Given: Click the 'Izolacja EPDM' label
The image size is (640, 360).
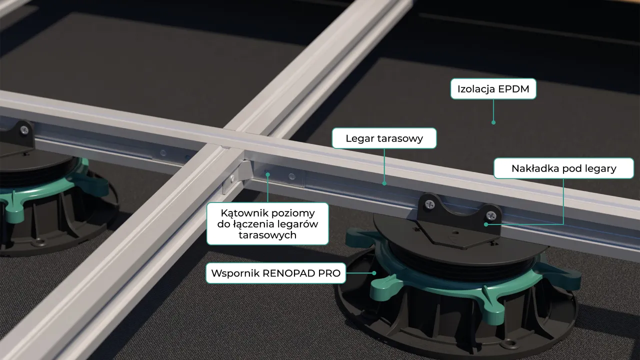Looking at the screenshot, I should [493, 89].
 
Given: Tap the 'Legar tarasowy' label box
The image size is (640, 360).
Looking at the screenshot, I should [384, 138].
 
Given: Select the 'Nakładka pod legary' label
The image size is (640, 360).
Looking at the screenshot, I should [563, 168].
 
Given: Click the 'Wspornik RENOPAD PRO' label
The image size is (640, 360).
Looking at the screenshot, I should [275, 273].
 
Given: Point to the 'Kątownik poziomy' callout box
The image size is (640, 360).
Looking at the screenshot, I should [267, 223].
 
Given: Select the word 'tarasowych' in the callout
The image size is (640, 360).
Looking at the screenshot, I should [267, 235].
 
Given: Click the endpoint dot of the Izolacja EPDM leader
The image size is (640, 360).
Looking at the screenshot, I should [493, 122].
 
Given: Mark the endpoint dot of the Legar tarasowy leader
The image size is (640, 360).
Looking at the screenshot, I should [384, 183].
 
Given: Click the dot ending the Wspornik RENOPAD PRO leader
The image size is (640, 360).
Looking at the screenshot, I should [374, 273].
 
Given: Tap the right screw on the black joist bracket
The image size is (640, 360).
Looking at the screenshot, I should [490, 215].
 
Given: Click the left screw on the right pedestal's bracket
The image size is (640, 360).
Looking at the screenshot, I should [429, 204].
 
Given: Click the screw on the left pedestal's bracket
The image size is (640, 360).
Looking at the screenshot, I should [24, 130].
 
